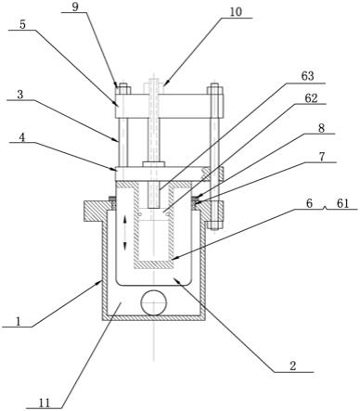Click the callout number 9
coord(76,7)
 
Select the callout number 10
coord(237,12)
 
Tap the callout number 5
coord(22,24)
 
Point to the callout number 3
coord(20,95)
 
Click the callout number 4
coord(21,137)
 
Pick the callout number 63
coord(307,76)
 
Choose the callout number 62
coord(311,98)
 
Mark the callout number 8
coord(321,128)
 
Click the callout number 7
coord(322,157)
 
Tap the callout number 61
coord(342,203)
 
